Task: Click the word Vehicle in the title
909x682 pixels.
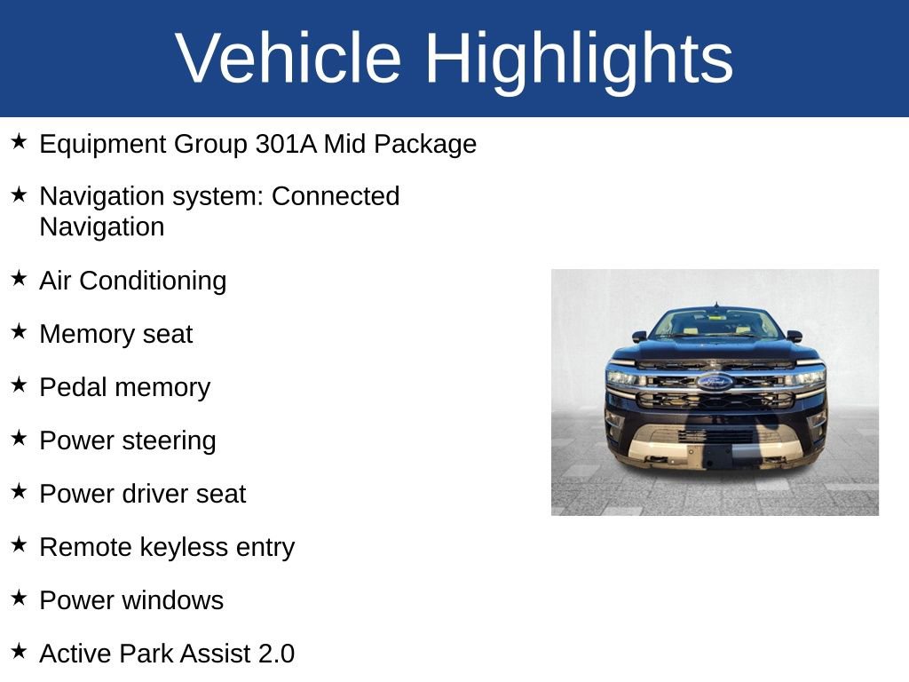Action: [x=289, y=59]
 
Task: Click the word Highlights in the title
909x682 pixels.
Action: [x=579, y=59]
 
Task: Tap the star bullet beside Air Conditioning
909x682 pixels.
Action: [x=20, y=279]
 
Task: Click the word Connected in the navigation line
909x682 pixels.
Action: [x=336, y=196]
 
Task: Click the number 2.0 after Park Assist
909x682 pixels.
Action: [x=276, y=654]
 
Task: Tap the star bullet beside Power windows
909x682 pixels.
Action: [x=20, y=599]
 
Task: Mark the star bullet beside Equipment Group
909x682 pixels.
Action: [x=20, y=142]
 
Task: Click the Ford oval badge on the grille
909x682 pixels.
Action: [x=715, y=382]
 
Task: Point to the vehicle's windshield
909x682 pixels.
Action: [x=715, y=323]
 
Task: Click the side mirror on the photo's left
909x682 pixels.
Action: [x=639, y=337]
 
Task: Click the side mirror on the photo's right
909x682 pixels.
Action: [x=794, y=337]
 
